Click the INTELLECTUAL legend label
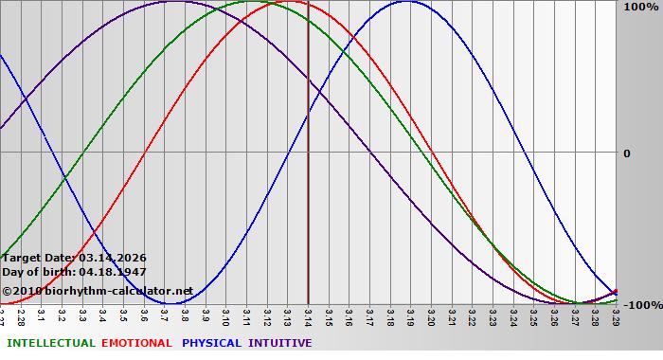[50, 343]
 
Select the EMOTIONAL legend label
[136, 343]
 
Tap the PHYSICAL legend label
[211, 343]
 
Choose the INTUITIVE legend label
[279, 343]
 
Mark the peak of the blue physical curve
[406, 2]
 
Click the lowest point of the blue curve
[170, 304]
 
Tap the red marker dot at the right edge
[615, 292]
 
